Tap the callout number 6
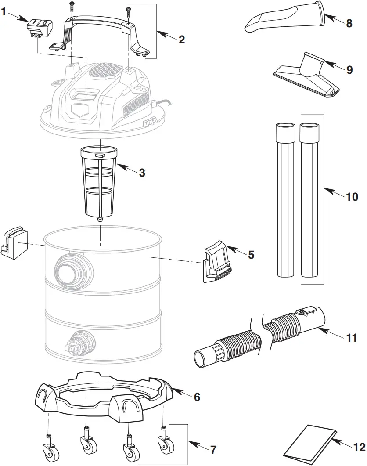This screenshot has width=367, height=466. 197,397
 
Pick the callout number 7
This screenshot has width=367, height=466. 213,450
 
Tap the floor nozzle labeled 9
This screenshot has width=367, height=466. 307,77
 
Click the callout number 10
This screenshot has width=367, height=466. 352,196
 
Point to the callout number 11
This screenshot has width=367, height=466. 352,338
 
